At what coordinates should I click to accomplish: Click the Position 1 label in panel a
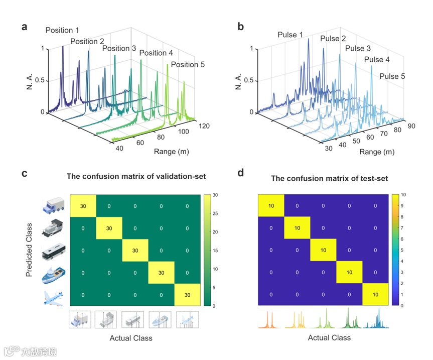pos(62,30)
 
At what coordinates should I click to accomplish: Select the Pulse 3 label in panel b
pos(358,49)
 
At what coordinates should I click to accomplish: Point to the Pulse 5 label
pos(392,77)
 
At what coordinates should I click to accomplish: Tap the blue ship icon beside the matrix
pos(54,273)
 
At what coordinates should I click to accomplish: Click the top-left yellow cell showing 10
pos(271,206)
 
